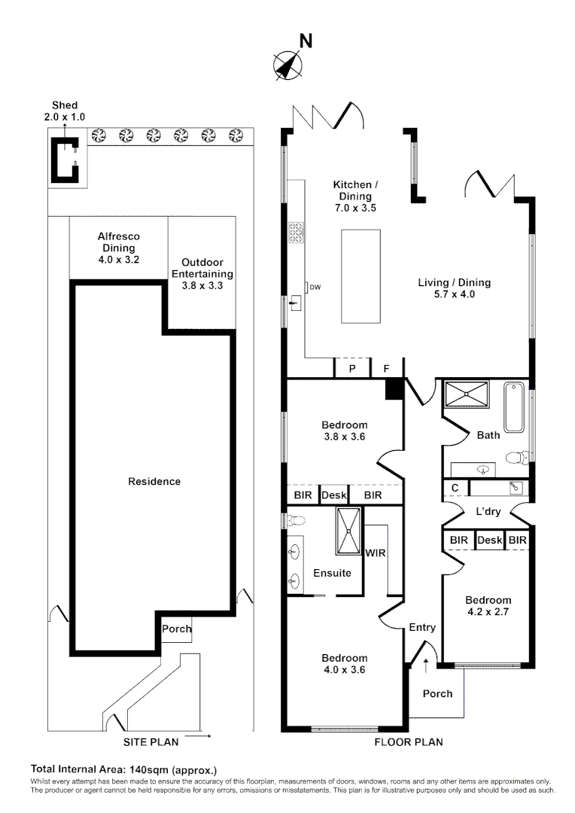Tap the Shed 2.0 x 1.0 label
(64, 111)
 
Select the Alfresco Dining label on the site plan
(118, 248)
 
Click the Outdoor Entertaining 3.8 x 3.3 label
(202, 274)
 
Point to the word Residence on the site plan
(154, 481)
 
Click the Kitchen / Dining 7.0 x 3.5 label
(353, 196)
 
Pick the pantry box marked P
(351, 369)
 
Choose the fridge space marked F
(387, 369)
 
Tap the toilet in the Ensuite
(296, 520)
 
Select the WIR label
(376, 553)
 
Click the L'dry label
(488, 512)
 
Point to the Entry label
(422, 627)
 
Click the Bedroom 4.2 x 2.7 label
(488, 606)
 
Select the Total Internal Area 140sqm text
(123, 769)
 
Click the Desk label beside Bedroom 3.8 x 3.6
(333, 495)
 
